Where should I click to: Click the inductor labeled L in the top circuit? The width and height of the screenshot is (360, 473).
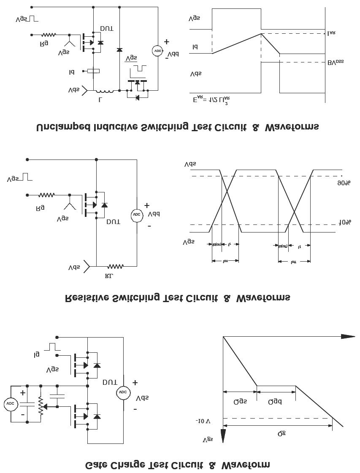104,90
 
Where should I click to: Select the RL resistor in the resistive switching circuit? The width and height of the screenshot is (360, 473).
115,266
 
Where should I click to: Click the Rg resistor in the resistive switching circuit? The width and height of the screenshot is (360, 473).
46,195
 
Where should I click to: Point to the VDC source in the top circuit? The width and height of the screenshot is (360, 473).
157,50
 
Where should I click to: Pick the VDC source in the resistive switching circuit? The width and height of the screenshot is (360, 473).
136,214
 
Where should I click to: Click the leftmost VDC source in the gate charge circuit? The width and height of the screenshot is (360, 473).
10,404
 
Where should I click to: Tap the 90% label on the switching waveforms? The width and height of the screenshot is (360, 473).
344,182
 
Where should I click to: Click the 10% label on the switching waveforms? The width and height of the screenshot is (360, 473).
345,222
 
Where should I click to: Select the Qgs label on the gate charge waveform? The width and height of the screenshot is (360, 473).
240,401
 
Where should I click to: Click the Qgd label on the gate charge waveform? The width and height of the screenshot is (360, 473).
275,401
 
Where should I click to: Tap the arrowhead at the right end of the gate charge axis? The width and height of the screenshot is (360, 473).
348,336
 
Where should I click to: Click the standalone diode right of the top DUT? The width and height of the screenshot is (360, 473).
119,50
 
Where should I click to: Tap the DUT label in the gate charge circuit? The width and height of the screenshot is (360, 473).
110,382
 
